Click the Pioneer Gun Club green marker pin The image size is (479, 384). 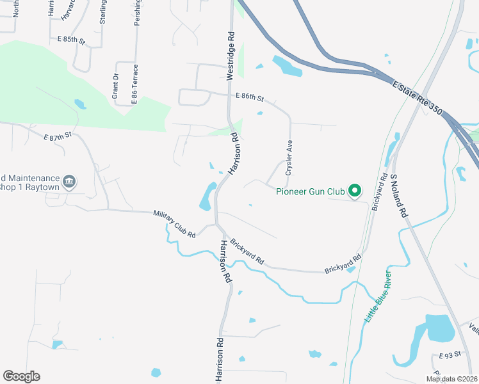tap(355, 191)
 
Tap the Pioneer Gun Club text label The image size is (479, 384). tap(310, 191)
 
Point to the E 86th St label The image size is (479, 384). tap(249, 97)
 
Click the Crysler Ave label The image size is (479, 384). tap(289, 160)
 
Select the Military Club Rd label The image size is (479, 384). tap(174, 225)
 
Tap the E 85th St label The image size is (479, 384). tap(72, 40)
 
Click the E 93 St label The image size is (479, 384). tap(450, 355)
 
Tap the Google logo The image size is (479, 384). tap(22, 376)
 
